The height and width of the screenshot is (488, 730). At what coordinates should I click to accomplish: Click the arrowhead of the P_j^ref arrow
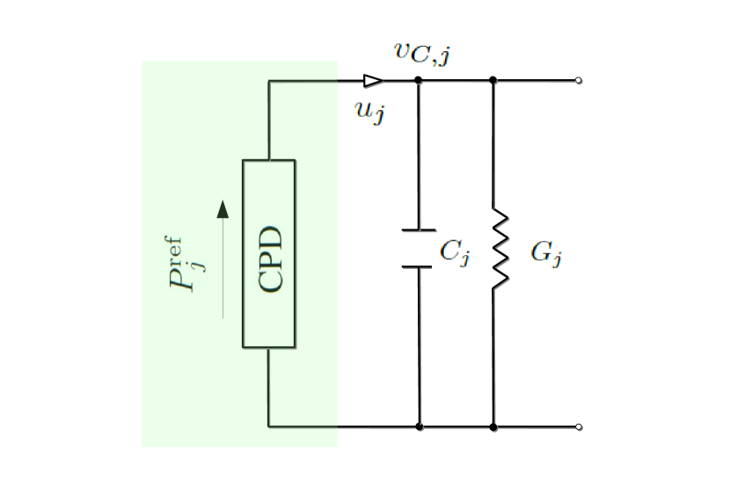(x=223, y=208)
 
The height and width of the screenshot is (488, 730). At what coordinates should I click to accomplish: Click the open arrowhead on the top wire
(x=373, y=81)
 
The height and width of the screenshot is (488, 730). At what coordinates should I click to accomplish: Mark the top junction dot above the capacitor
(x=419, y=80)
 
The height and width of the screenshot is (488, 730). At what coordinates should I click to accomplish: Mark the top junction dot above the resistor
(x=493, y=80)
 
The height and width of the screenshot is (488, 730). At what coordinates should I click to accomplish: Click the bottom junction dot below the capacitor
(x=420, y=426)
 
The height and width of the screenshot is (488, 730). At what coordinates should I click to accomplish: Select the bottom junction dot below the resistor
(x=493, y=426)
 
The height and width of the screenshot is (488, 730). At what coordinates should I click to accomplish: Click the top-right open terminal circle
(x=578, y=81)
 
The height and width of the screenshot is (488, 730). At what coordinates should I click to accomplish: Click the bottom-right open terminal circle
(x=578, y=426)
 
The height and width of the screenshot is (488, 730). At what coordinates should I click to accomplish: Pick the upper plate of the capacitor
(x=419, y=231)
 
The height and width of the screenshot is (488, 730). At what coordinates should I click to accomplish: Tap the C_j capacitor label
(x=456, y=252)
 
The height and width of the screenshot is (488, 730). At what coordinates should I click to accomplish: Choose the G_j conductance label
(x=546, y=253)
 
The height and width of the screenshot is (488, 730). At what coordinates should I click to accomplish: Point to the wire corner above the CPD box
(x=268, y=81)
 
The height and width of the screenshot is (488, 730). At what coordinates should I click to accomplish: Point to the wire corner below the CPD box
(x=268, y=426)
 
